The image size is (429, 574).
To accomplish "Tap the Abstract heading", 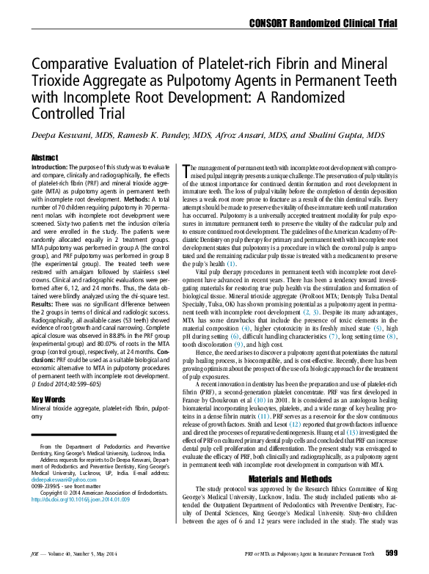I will pos(45,158).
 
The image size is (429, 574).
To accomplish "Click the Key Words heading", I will pos(49,400).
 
